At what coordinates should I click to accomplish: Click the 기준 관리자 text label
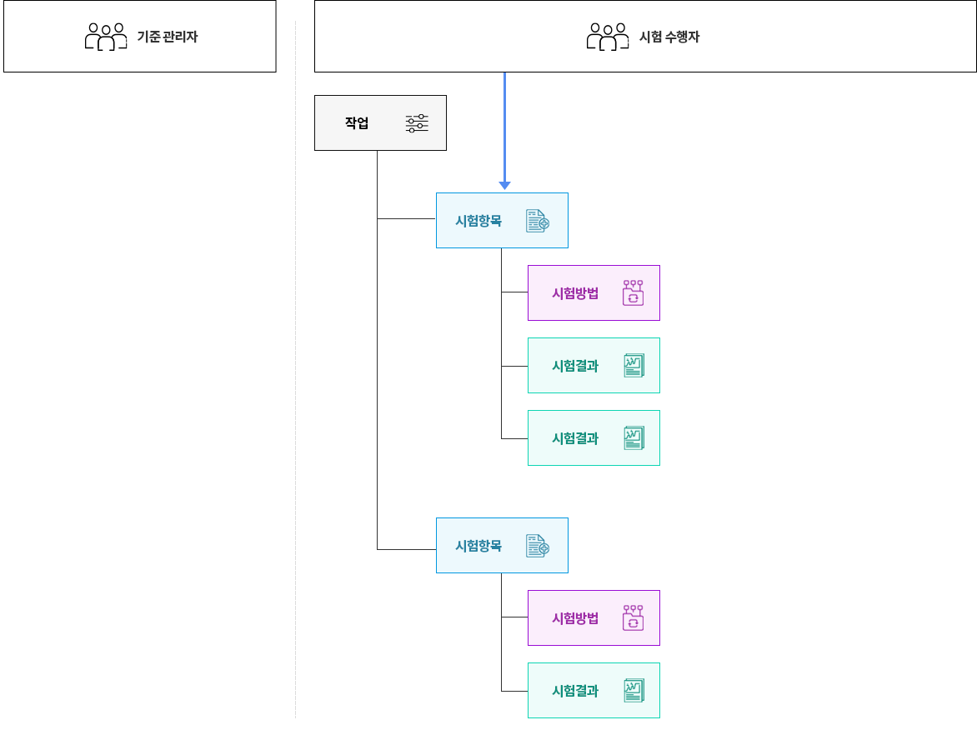pos(167,37)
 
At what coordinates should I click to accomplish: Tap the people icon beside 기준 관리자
pos(106,37)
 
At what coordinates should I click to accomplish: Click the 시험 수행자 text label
pos(669,37)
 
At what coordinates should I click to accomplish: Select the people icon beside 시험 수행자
pos(608,37)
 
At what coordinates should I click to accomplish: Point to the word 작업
pos(357,122)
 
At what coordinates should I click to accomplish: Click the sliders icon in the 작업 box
pos(417,123)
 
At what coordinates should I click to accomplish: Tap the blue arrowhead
pos(504,185)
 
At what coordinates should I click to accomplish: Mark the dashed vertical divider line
pos(295,369)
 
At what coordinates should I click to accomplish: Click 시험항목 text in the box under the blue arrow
pos(478,221)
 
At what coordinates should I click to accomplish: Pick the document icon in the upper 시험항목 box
pos(538,221)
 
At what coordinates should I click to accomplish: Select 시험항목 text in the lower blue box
pos(478,546)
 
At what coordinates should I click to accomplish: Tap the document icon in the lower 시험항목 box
pos(538,546)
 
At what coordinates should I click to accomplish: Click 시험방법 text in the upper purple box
pos(575,293)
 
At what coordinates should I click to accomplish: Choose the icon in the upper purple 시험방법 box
pos(633,292)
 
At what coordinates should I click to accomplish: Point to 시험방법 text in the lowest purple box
pos(575,618)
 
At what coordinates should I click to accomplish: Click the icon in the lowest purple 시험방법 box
pos(633,617)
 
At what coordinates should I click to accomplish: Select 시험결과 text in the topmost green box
pos(575,366)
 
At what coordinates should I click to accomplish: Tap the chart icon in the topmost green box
pos(634,366)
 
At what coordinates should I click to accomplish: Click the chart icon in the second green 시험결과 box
pos(634,437)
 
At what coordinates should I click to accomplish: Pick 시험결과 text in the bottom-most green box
pos(575,691)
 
